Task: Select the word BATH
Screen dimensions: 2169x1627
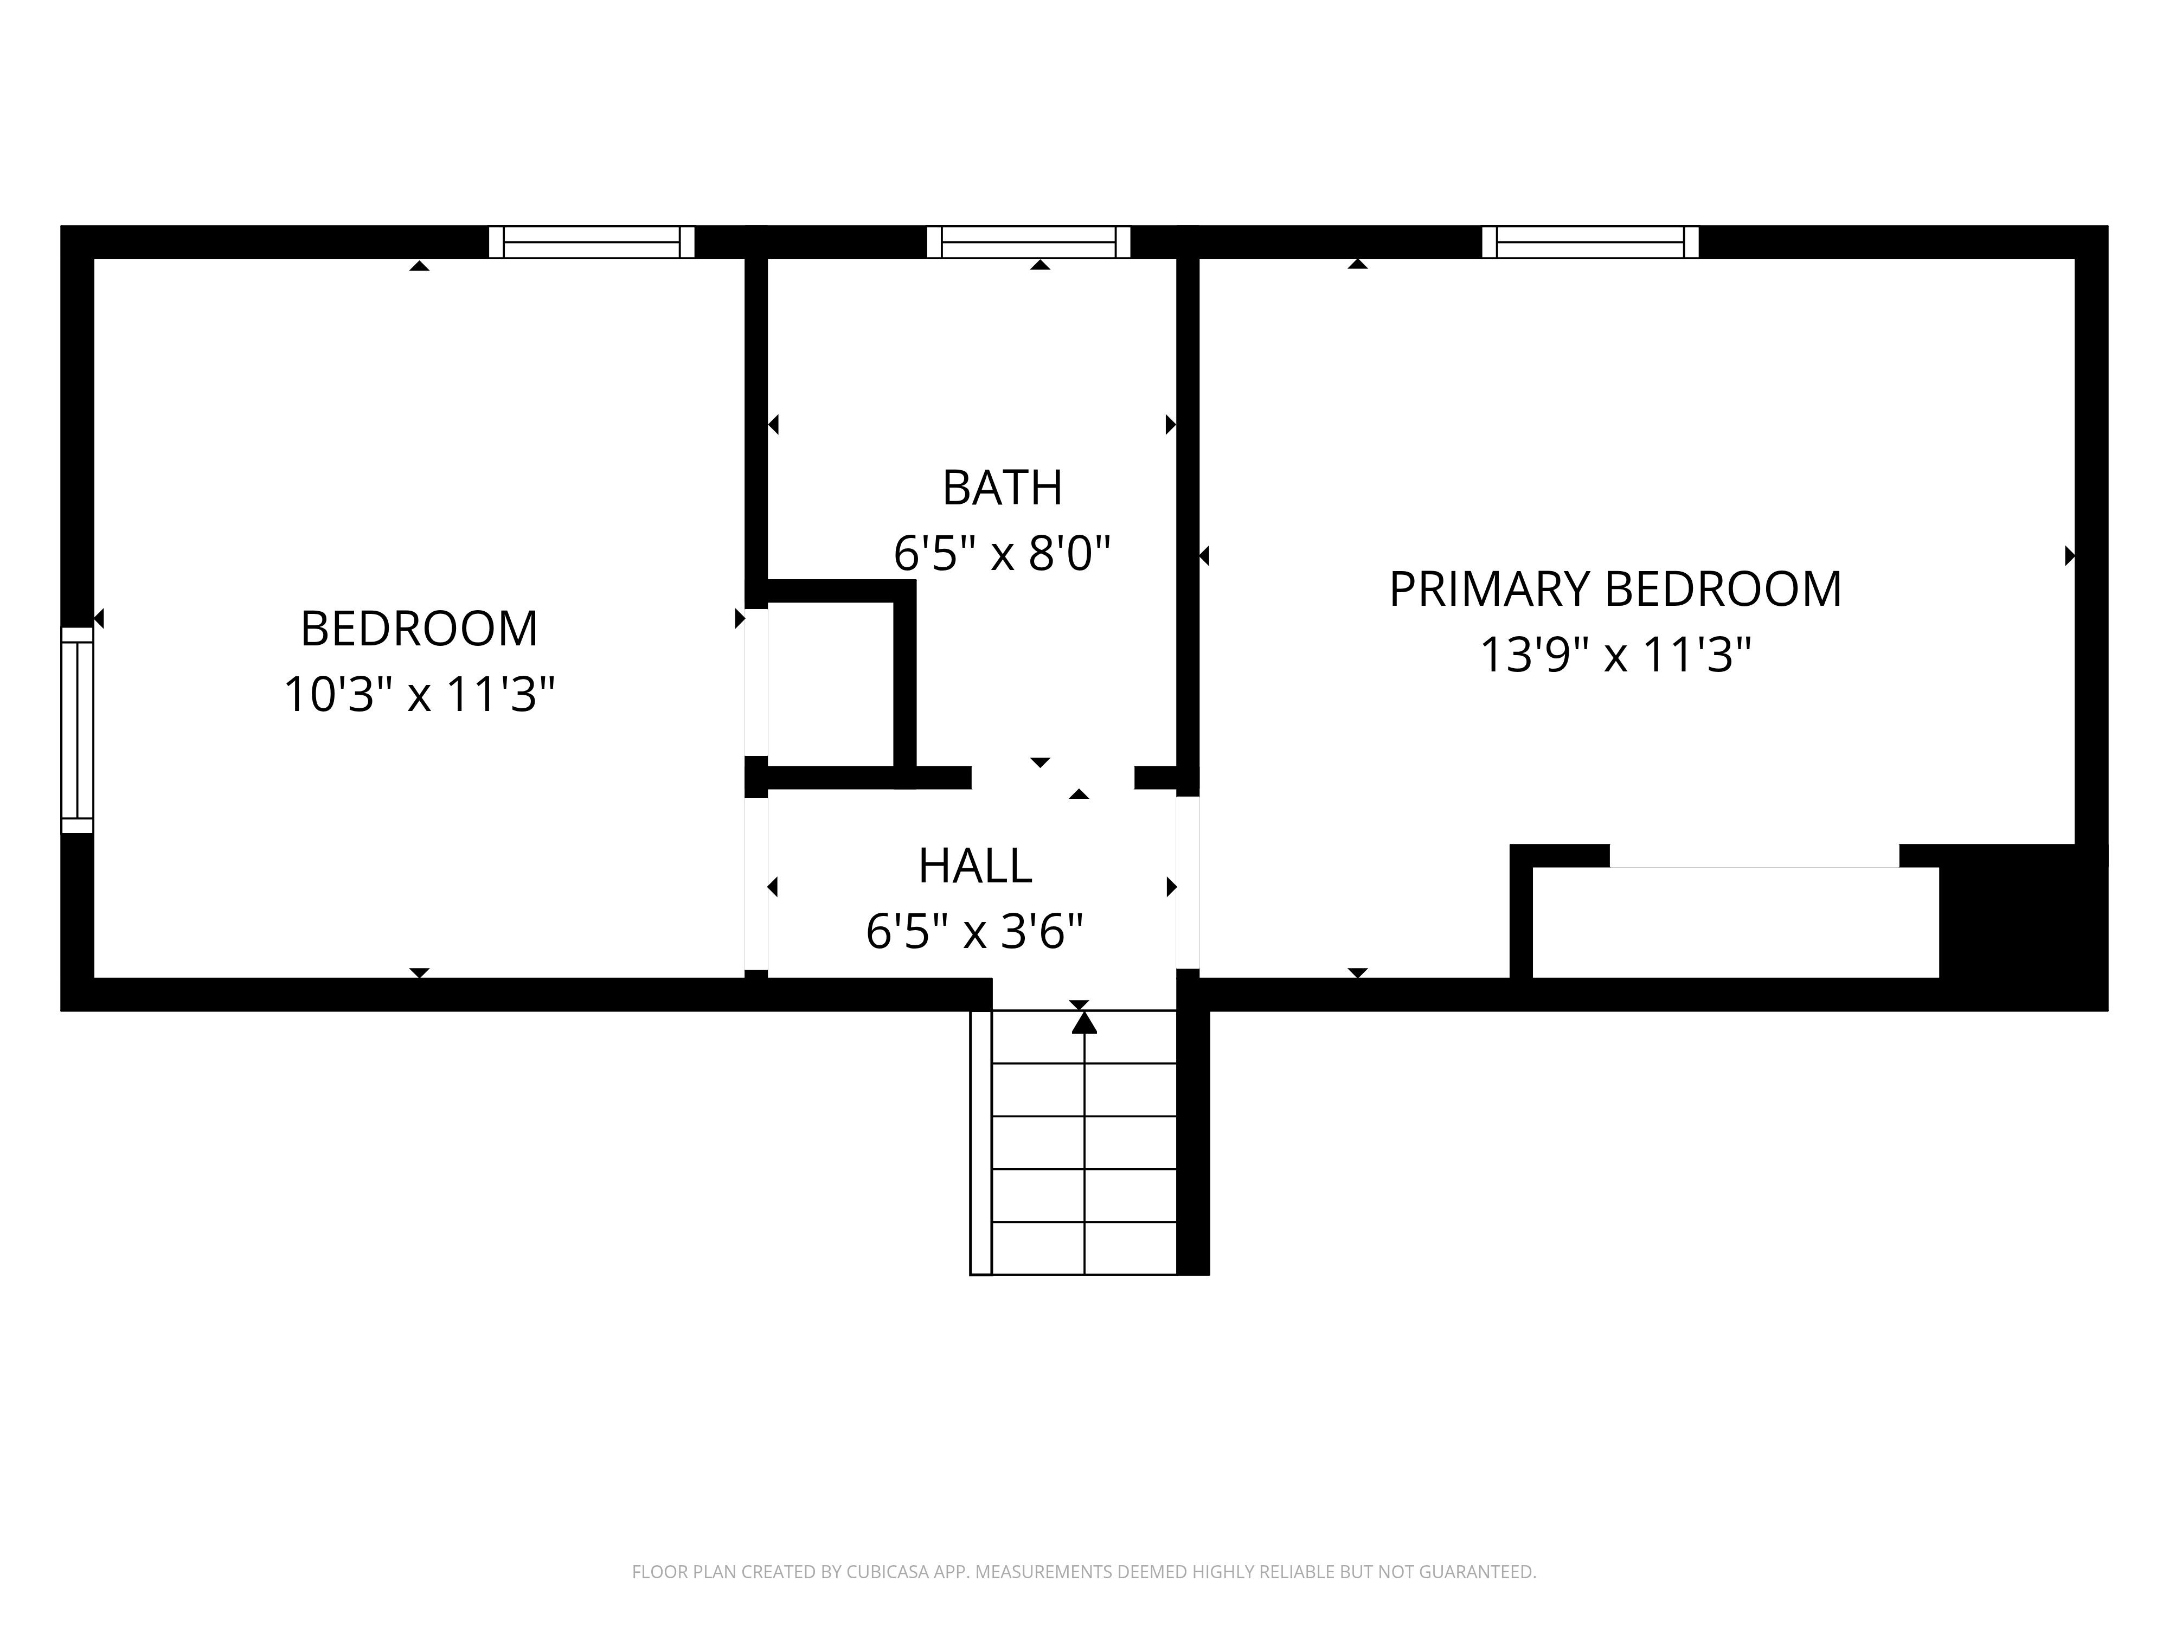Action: (1002, 489)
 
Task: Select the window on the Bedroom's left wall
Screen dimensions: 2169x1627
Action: (78, 729)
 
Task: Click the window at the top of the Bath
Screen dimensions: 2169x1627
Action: (1029, 242)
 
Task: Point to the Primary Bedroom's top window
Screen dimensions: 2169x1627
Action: (1590, 242)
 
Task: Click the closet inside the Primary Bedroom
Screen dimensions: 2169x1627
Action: (1736, 922)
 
